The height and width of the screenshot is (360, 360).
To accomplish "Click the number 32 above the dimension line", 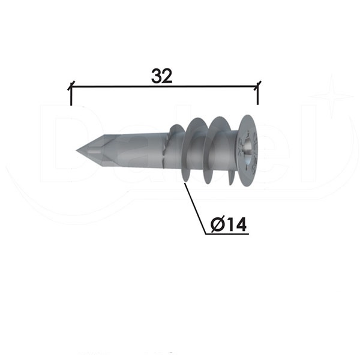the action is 161,76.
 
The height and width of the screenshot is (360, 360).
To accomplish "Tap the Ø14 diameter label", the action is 229,224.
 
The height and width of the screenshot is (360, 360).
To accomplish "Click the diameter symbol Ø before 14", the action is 218,224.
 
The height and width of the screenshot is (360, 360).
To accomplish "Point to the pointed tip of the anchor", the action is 76,151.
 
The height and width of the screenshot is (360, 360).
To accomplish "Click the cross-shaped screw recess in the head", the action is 249,147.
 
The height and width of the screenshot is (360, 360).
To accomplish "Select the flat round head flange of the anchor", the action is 248,149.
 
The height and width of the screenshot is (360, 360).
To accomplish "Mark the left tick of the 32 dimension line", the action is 71,85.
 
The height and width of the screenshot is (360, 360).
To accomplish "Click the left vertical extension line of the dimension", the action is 71,95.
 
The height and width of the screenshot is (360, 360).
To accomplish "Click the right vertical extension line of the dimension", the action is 258,95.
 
